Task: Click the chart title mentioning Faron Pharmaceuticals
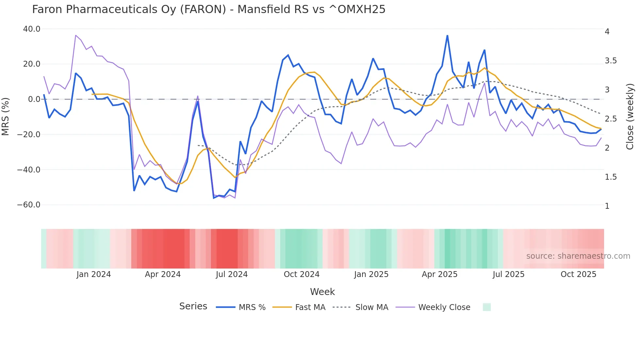click(209, 9)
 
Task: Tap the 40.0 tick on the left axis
click(32, 29)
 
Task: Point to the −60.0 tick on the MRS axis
click(29, 205)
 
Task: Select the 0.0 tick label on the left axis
click(34, 99)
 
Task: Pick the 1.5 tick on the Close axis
click(611, 177)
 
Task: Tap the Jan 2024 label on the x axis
click(94, 274)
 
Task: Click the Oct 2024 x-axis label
click(301, 274)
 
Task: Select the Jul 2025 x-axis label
click(508, 274)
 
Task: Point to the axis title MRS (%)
click(6, 117)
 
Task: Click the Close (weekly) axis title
click(630, 117)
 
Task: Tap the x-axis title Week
click(322, 292)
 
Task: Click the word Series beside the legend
click(193, 306)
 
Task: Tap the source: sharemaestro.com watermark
click(578, 256)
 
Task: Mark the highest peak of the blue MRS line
click(447, 36)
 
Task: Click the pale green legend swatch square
click(487, 307)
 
